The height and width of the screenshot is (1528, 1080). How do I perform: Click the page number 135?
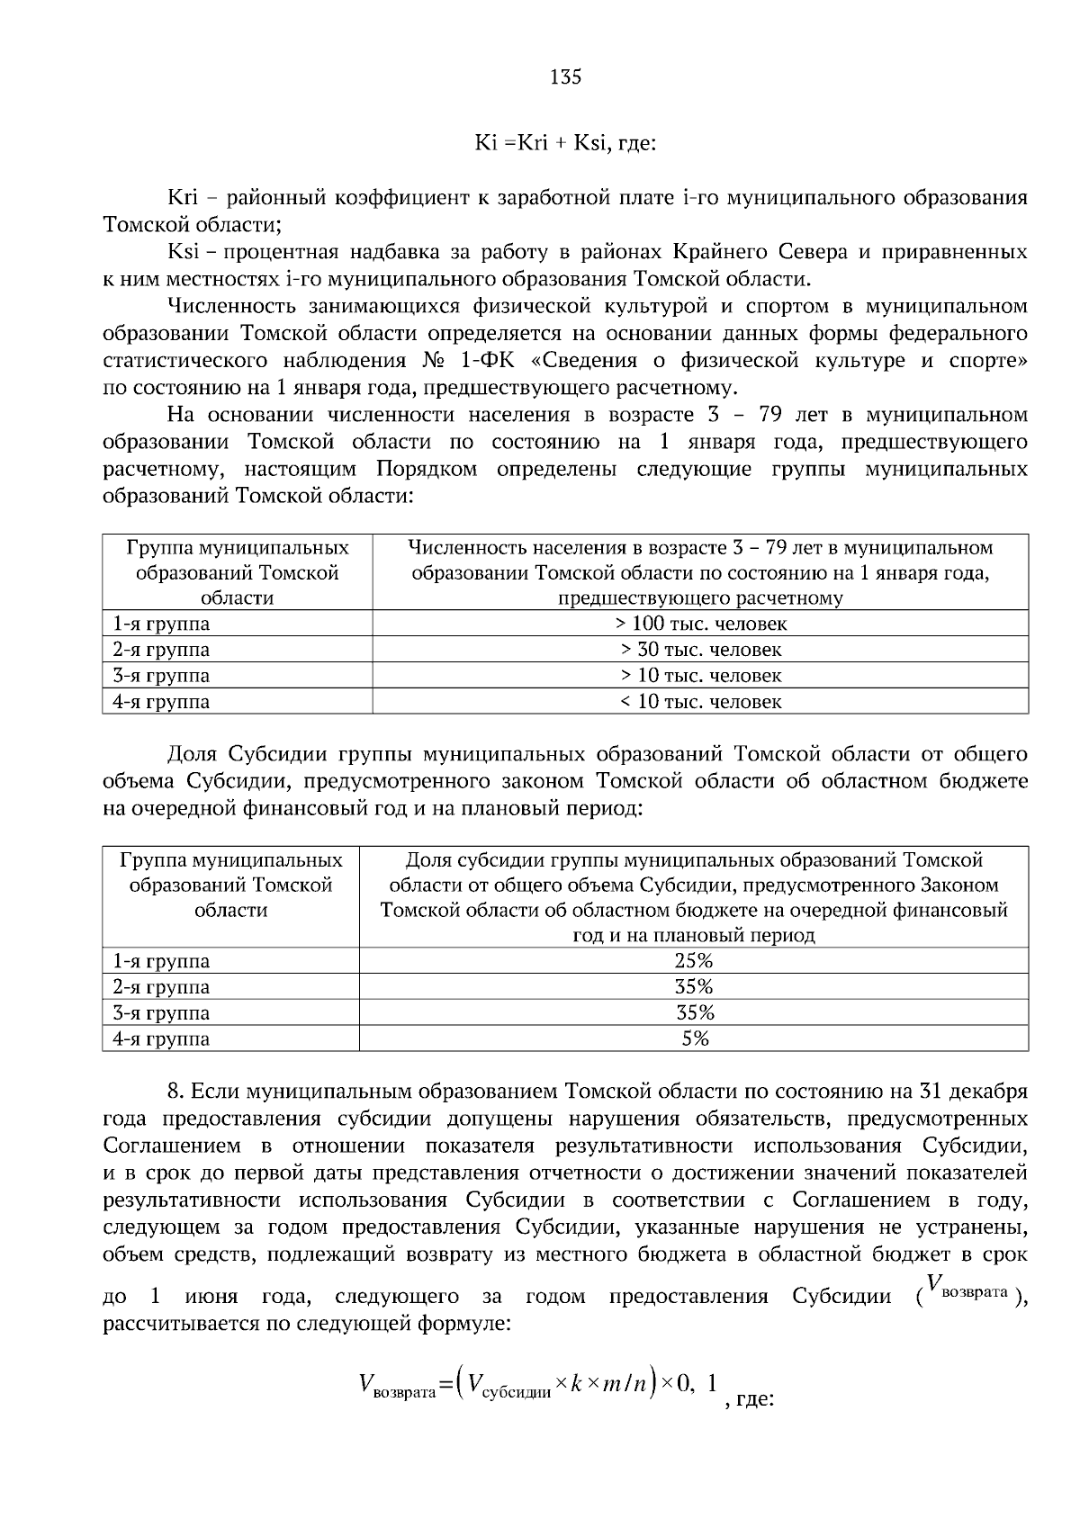click(565, 77)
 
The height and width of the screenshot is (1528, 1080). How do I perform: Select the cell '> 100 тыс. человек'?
click(700, 624)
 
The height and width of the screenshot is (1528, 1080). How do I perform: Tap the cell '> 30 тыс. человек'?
click(700, 650)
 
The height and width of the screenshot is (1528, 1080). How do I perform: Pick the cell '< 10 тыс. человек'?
click(700, 702)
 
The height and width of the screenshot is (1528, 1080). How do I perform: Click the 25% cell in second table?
click(694, 961)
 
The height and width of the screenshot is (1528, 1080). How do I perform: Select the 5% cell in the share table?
click(694, 1039)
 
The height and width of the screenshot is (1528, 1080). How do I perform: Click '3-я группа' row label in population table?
click(161, 676)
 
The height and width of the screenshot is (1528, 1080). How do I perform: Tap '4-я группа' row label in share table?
click(161, 1039)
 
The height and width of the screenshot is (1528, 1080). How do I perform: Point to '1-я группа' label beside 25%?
click(161, 961)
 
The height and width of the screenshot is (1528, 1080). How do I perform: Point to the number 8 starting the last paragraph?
click(175, 1092)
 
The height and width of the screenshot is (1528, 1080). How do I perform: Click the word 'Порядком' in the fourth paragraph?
click(427, 470)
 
